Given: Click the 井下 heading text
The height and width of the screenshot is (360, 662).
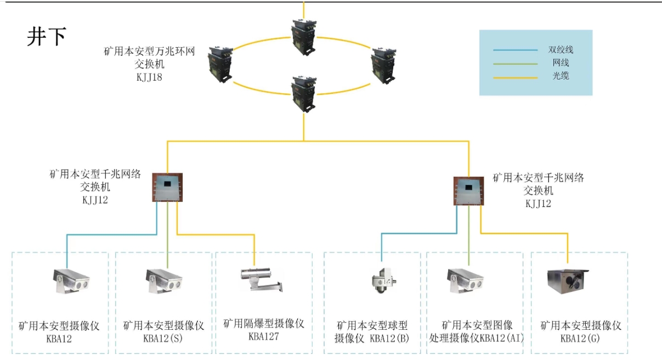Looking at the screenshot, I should click(47, 37).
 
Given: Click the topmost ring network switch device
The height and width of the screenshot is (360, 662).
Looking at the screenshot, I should click(303, 36).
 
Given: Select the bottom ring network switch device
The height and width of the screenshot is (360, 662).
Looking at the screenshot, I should click(303, 93).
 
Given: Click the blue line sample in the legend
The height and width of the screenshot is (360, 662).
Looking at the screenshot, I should click(515, 50).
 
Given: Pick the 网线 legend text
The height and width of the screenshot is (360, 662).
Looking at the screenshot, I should click(561, 63).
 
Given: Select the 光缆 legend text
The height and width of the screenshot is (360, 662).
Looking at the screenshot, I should click(561, 76).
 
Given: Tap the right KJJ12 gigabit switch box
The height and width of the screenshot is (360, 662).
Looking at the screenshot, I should click(469, 190).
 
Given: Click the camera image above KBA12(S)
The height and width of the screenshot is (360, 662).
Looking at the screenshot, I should click(163, 280).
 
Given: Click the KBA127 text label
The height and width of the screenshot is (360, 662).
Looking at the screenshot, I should click(263, 336).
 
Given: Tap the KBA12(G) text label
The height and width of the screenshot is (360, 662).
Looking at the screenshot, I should click(580, 339).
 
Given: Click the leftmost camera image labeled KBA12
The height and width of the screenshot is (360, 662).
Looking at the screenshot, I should click(71, 280).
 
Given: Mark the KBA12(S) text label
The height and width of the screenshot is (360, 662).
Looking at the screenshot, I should click(163, 339).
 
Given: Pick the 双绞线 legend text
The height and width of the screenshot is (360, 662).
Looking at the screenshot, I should click(561, 50).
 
